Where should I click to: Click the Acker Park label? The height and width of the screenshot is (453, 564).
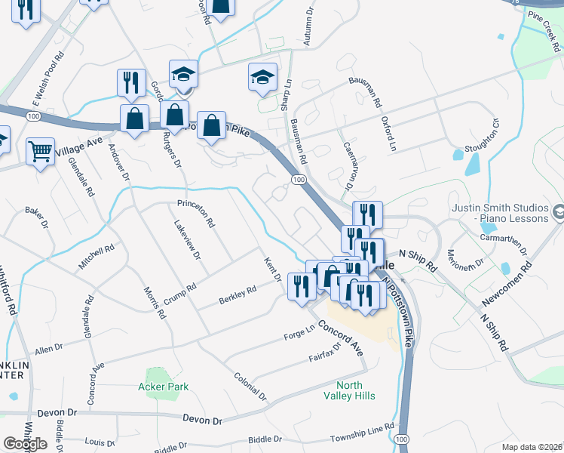pyautogui.click(x=163, y=387)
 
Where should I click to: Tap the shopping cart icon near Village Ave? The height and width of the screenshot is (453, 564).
pyautogui.click(x=40, y=150)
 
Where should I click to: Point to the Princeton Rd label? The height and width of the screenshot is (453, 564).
pyautogui.click(x=196, y=214)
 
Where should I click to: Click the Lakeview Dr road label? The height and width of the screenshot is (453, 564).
pyautogui.click(x=186, y=240)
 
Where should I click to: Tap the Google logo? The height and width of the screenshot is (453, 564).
pyautogui.click(x=25, y=443)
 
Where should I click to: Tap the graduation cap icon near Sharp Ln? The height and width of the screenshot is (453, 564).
pyautogui.click(x=262, y=76)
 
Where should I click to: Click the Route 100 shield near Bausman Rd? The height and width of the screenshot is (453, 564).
pyautogui.click(x=299, y=180)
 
